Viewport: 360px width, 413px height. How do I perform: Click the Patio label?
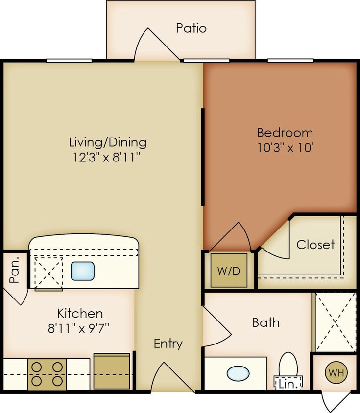click(x=191, y=28)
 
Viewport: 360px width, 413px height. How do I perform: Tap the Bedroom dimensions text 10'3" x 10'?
click(x=285, y=147)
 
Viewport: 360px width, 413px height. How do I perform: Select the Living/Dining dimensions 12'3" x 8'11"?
click(x=107, y=158)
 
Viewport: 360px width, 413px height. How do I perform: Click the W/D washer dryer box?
click(x=229, y=270)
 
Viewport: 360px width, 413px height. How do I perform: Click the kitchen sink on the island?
click(x=82, y=271)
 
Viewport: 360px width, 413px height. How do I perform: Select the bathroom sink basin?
click(x=238, y=374)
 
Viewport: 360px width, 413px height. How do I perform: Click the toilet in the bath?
click(x=288, y=366)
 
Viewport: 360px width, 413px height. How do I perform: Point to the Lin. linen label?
click(x=288, y=384)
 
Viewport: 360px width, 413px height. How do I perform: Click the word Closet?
click(x=315, y=245)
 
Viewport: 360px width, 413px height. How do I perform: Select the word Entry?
click(x=168, y=344)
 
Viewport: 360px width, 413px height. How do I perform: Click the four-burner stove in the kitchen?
click(x=47, y=374)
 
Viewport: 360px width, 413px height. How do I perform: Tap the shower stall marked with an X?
click(x=335, y=321)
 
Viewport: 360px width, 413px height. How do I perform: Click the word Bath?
click(x=266, y=322)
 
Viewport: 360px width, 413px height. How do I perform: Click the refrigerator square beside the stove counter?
click(x=112, y=371)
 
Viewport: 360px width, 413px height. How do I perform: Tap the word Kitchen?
click(x=80, y=313)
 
